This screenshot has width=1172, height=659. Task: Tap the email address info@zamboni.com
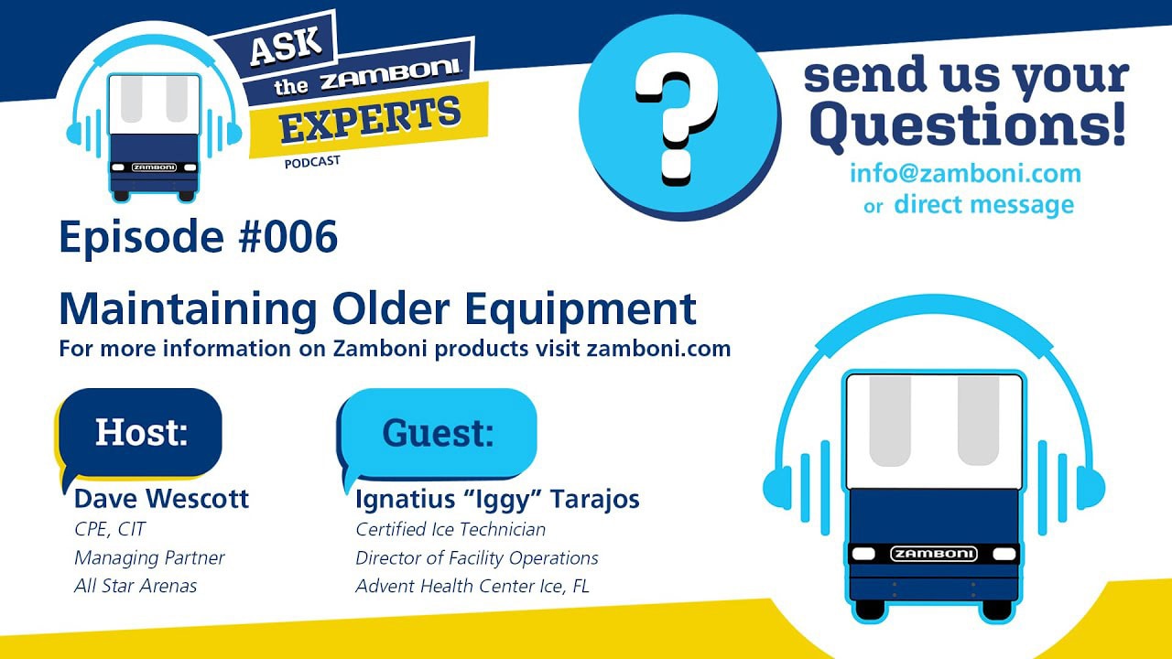coord(965,173)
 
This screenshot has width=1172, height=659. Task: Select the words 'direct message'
coord(984,204)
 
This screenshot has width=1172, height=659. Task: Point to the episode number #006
coord(288,236)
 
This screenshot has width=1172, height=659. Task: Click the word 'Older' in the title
coord(391,308)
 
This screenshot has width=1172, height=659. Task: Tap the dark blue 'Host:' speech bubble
coord(140,433)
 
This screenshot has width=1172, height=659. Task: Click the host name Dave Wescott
coord(161,499)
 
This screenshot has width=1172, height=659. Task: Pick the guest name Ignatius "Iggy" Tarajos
coord(497,500)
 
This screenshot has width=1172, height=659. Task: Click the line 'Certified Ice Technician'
coord(450,529)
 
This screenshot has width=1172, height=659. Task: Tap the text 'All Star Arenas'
coord(136,586)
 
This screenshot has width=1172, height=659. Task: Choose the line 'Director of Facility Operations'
coord(477,558)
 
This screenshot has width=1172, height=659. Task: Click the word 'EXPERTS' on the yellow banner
coord(370,120)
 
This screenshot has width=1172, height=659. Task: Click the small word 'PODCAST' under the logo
coord(312,162)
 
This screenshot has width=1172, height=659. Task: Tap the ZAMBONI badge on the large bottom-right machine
coord(934,554)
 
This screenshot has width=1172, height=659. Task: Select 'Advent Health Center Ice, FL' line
coord(472,586)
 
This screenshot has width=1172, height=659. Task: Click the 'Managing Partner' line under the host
coord(149,557)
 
